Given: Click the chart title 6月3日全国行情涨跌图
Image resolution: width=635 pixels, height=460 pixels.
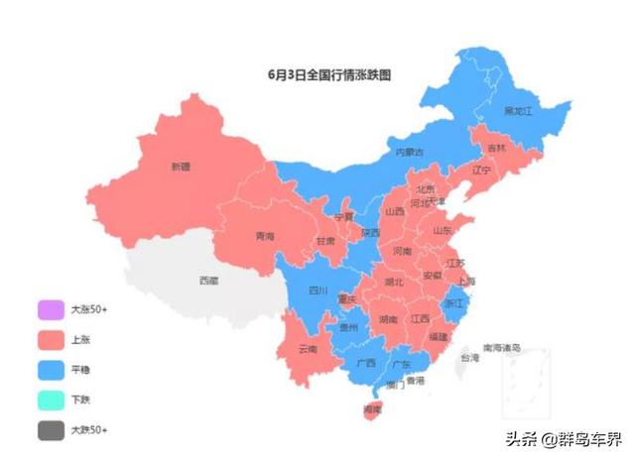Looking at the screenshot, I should (x=329, y=73).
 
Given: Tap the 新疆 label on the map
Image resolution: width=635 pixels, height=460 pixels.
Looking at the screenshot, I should (x=180, y=167).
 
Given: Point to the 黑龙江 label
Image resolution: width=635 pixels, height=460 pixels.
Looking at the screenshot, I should (x=518, y=111).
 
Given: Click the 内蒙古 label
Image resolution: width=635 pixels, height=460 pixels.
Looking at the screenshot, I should (x=410, y=153).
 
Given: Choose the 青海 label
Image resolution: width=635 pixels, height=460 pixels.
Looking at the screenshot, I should (x=265, y=237).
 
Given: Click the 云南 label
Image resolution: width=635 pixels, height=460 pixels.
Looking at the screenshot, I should (x=307, y=349).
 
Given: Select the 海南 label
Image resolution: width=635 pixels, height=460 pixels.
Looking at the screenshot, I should (x=372, y=408).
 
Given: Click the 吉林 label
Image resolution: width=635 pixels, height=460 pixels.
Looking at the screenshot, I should (x=496, y=148).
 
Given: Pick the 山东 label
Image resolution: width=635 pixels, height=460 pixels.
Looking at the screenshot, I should (x=442, y=230).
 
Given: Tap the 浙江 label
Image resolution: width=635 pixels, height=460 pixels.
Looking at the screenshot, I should (x=453, y=302).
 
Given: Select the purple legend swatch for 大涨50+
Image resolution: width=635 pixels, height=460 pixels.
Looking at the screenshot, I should (x=50, y=309).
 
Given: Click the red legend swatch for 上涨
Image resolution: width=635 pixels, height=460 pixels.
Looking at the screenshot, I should (x=50, y=339).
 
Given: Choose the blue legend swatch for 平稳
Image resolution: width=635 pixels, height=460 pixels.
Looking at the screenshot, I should (x=50, y=370).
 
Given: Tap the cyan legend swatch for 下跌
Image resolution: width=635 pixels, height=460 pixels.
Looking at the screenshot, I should (x=50, y=400).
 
